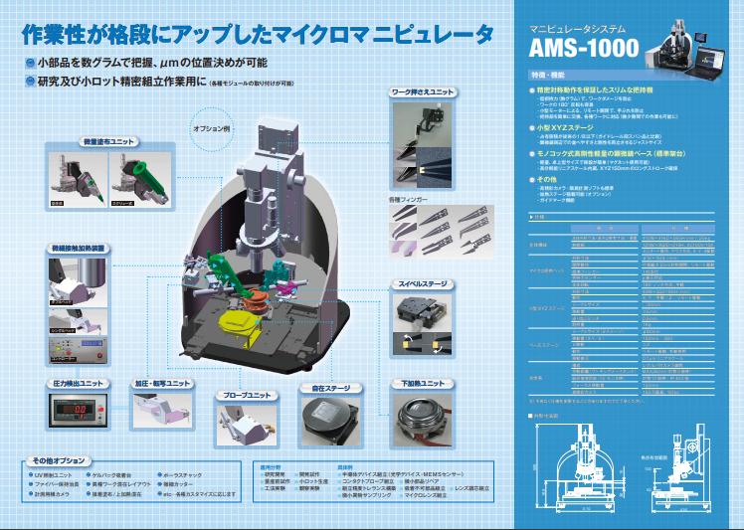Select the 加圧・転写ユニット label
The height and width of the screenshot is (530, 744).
click(x=163, y=383)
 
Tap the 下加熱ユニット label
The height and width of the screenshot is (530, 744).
click(x=423, y=383)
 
